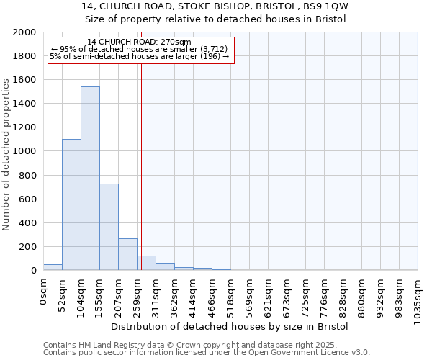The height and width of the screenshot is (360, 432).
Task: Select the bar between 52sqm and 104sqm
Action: [71, 204]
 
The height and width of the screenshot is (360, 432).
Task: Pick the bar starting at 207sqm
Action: [127, 254]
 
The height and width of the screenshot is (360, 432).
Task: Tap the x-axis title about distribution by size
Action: [230, 327]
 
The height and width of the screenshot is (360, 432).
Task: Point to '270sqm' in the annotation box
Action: [176, 42]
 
